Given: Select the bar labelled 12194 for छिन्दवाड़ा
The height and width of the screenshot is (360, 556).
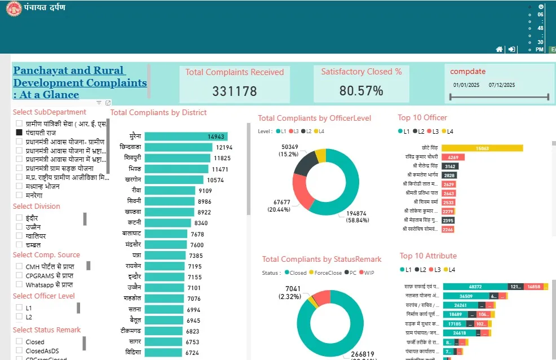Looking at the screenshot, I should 178,147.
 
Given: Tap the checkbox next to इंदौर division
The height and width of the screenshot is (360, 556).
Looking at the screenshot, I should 20,218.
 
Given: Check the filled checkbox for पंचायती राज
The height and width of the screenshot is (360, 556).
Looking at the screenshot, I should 20,132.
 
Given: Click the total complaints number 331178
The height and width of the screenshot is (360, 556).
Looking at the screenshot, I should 235,91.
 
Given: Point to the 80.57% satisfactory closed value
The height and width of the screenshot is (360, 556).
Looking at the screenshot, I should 361,91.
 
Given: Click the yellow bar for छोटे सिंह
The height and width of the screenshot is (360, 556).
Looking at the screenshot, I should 482,148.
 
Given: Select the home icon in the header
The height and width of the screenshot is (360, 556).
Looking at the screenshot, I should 499,50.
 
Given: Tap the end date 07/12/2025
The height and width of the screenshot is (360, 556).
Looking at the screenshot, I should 502,85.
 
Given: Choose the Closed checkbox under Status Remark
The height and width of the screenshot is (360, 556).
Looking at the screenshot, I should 20,342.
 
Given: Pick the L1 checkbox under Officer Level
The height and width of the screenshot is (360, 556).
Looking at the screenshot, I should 20,308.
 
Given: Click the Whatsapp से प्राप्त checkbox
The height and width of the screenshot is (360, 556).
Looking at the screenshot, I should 20,286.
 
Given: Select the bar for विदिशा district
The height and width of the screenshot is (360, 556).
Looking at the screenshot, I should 164,353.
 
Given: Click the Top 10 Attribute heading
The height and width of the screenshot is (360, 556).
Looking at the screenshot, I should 428,256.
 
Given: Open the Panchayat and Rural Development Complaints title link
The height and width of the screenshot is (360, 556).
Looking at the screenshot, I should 80,82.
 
